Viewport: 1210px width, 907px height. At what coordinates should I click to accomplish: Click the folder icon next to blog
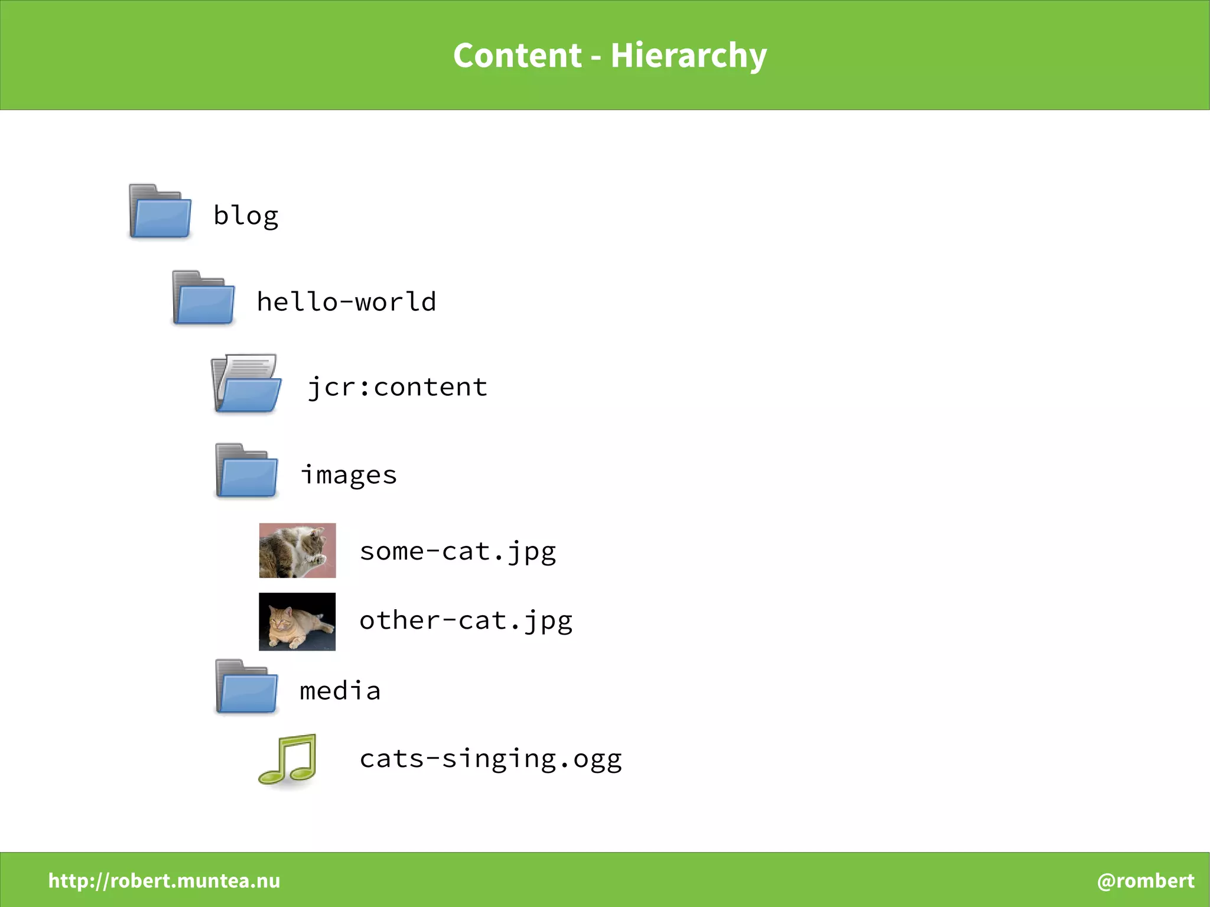[160, 212]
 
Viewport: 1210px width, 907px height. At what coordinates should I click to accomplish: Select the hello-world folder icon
[203, 298]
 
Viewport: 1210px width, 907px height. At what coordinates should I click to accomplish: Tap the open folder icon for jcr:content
[246, 384]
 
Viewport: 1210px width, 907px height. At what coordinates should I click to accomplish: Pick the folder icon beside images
[246, 471]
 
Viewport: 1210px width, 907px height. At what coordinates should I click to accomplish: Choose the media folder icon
[246, 687]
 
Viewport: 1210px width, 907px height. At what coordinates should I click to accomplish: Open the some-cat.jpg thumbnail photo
[297, 550]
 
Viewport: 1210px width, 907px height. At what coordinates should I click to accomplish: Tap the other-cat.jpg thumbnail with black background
[297, 622]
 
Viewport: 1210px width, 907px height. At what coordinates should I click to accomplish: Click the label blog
[246, 216]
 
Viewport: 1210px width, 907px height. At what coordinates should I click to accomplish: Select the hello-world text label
[347, 302]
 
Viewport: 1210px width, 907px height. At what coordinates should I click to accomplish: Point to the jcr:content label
[398, 388]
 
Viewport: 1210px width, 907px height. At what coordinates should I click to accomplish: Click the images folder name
[349, 475]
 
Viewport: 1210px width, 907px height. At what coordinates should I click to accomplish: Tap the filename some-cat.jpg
[458, 552]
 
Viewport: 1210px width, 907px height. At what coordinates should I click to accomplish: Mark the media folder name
[340, 691]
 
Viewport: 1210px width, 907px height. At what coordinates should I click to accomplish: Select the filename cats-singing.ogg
[491, 759]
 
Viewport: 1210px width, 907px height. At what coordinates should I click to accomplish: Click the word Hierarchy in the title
[688, 56]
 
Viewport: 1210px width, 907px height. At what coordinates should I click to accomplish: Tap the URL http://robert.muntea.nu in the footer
[164, 881]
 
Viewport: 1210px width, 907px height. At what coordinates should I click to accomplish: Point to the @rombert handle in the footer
[1146, 881]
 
